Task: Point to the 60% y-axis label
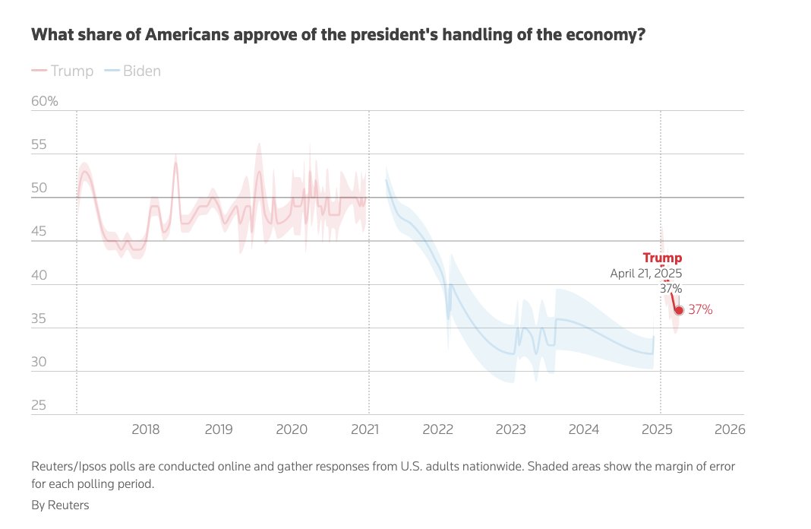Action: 44,101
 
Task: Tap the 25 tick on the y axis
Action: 38,405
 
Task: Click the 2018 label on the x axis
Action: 145,429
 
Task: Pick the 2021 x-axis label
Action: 365,429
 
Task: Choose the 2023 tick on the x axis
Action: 511,429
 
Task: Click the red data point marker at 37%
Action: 679,310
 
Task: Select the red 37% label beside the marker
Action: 700,310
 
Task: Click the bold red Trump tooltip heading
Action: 662,258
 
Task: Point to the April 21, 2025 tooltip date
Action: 646,274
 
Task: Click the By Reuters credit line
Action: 60,505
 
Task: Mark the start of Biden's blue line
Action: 387,179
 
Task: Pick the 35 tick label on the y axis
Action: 38,318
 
